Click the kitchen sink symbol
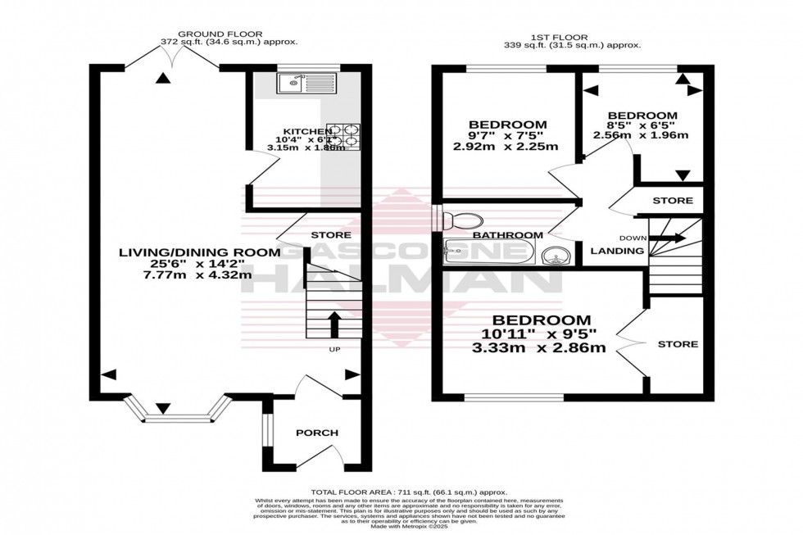305,83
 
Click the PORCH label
318,433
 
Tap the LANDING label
618,251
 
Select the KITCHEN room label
307,131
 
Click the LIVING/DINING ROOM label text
198,252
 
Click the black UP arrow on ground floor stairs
334,324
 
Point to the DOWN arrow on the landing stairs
669,238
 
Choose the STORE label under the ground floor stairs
331,235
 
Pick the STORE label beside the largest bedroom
678,344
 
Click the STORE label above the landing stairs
672,201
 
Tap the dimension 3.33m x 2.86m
541,347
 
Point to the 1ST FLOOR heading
573,37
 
